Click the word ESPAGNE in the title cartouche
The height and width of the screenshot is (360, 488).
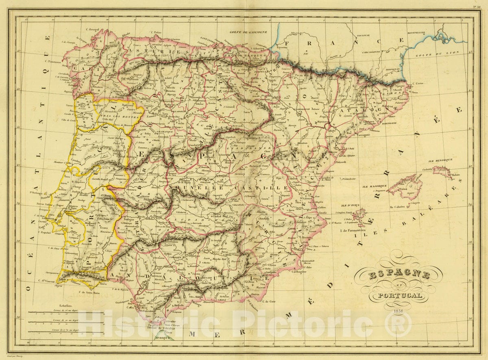coord(399,275)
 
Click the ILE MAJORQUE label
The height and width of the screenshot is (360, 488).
coord(371,186)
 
